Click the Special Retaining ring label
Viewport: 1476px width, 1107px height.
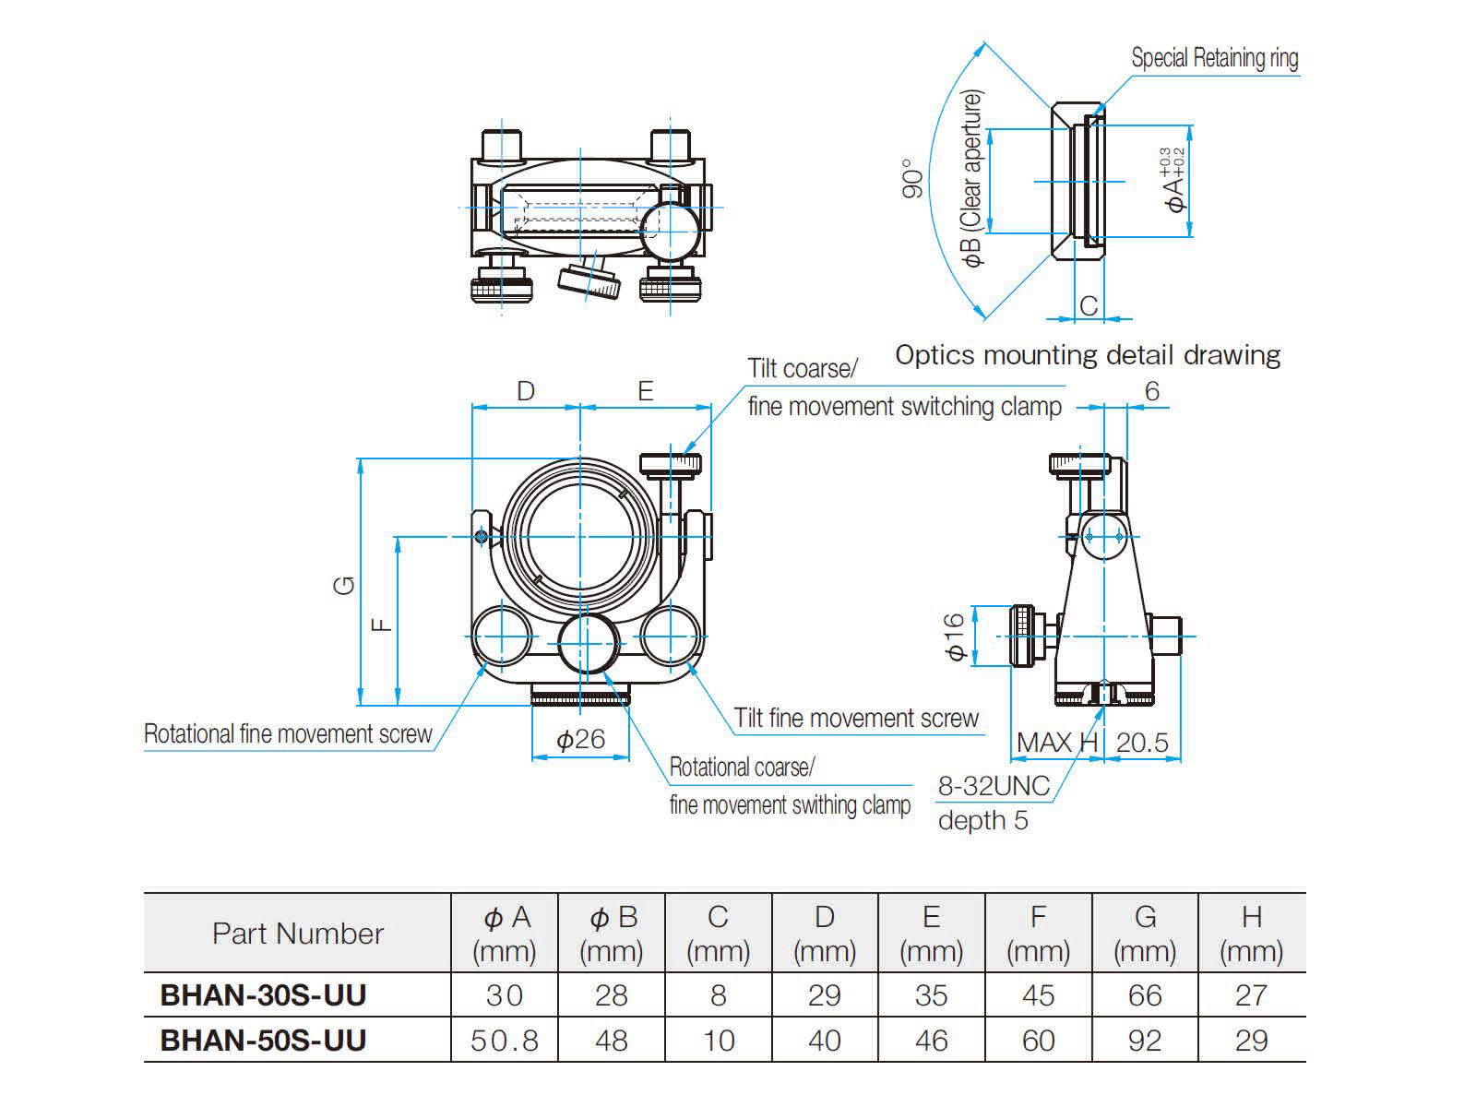pos(1214,58)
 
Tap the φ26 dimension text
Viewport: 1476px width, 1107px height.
pos(580,739)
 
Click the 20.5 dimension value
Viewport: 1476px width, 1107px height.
pos(1141,743)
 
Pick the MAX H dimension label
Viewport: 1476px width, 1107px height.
pos(1057,743)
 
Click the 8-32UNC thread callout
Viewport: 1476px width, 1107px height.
pos(994,786)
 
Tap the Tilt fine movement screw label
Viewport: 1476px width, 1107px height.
pos(856,718)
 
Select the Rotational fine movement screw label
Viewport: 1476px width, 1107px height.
pos(288,734)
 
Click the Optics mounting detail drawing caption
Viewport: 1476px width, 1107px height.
pos(1088,355)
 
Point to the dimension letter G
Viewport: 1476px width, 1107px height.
pos(345,584)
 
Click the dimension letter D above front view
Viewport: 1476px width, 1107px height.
pos(525,391)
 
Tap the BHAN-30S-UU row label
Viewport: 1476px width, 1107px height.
pos(263,994)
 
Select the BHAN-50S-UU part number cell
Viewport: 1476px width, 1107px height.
pos(263,1040)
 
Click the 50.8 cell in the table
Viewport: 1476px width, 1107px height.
pos(504,1041)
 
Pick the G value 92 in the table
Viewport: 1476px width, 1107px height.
pos(1144,1041)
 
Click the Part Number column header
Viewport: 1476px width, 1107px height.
pos(297,933)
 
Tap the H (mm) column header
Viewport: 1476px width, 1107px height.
pos(1251,933)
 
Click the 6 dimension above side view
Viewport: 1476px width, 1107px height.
pos(1151,391)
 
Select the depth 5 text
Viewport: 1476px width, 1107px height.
pos(982,820)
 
